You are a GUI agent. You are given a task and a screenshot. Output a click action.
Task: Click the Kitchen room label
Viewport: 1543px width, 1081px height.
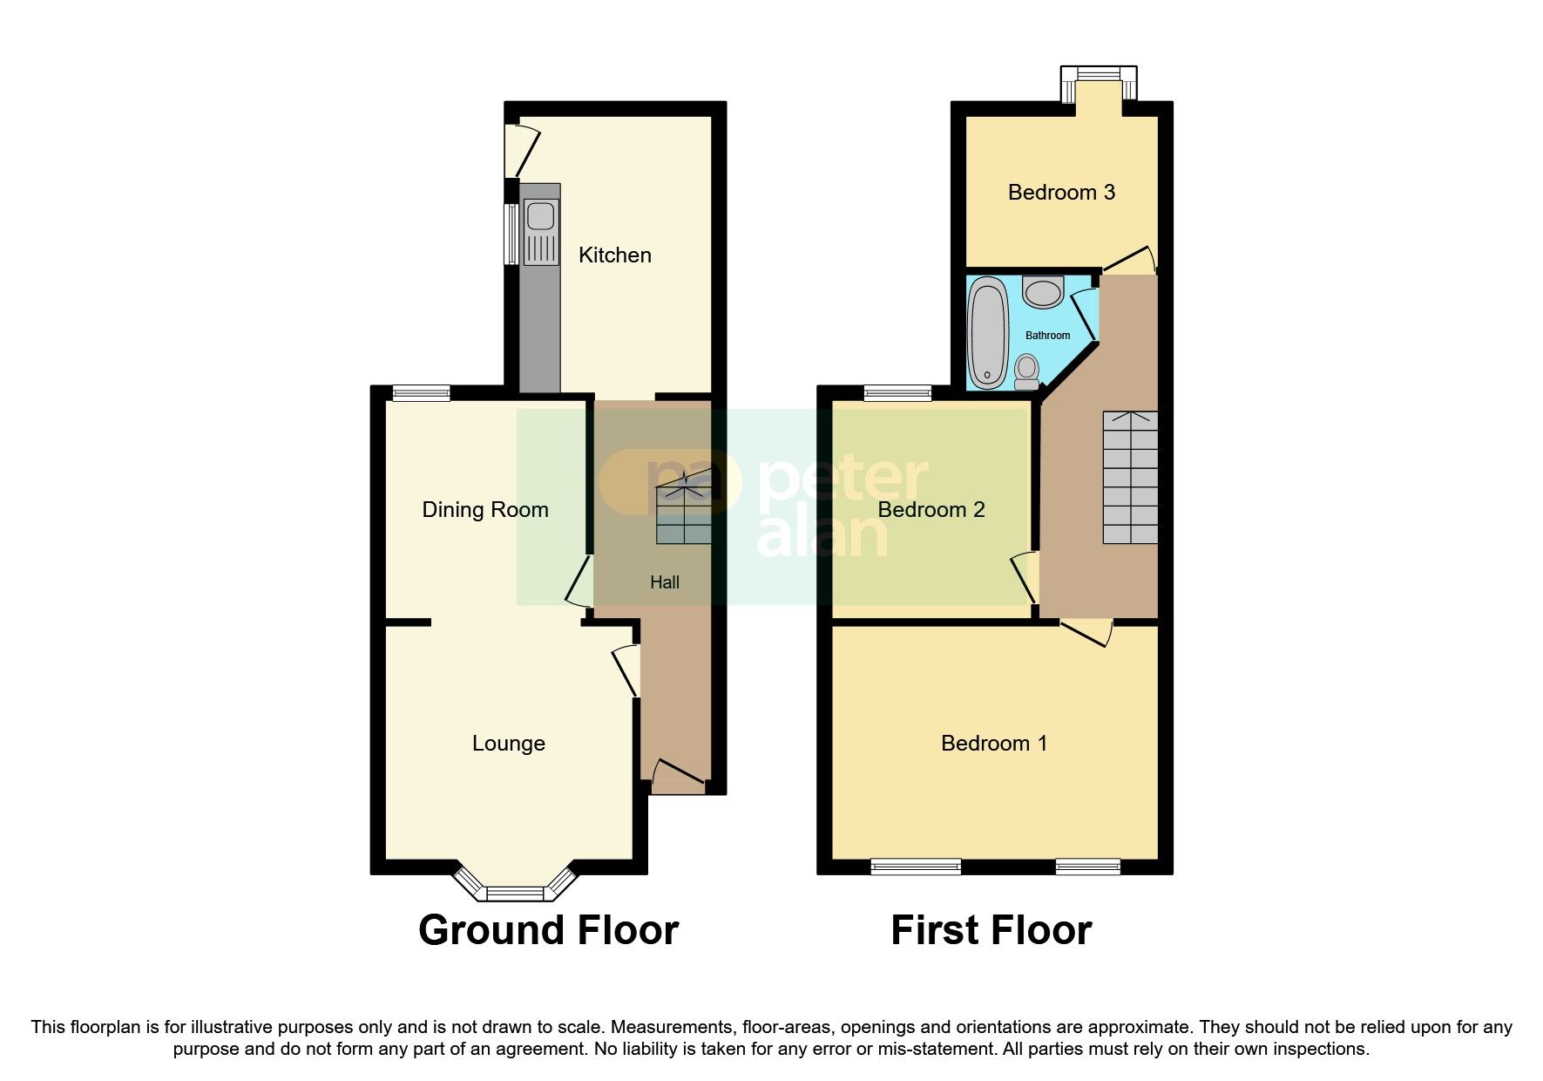coord(614,255)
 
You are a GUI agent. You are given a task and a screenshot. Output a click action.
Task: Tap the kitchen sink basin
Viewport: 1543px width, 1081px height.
coord(540,215)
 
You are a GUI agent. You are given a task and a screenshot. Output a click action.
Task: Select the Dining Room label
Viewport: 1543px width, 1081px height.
coord(485,509)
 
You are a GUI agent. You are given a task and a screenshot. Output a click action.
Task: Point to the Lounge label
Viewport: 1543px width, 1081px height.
coord(509,743)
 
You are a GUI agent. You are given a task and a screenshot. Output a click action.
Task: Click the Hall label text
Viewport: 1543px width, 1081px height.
coord(665,582)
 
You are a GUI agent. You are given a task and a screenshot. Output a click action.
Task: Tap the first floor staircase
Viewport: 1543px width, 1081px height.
coord(1131,477)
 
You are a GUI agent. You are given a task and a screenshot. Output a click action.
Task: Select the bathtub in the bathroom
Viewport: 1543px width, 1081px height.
coord(988,331)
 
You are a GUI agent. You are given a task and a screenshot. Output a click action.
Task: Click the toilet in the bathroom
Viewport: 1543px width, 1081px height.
coord(1027,371)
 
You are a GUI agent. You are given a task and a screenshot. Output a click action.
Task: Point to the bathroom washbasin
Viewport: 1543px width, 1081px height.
coord(1043,291)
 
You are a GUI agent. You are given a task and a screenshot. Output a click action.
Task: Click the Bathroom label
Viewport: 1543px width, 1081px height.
coord(1047,336)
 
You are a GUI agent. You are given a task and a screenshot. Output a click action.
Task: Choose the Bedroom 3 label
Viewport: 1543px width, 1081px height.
coord(1061,192)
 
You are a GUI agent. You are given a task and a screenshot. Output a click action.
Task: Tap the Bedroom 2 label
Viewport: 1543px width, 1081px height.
coord(931,509)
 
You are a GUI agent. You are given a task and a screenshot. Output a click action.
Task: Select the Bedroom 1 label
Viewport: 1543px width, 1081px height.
coord(994,743)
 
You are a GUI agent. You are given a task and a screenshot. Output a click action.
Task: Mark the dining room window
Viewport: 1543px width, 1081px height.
coord(421,393)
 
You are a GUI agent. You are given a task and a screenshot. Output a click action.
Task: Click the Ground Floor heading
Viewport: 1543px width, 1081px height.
coord(548,930)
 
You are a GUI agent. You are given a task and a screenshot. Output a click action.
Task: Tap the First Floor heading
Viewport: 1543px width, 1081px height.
coord(991,930)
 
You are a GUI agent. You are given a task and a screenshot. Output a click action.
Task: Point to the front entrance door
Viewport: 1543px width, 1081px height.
coord(678,775)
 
